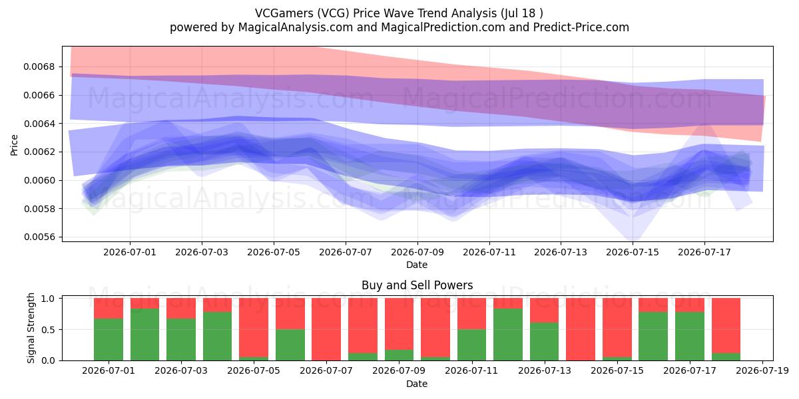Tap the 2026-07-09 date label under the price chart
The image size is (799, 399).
coord(417,252)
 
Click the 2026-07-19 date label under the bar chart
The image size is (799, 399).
coord(762,371)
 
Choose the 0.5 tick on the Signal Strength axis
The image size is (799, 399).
coord(48,330)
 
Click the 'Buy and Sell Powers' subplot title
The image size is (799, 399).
coord(417,285)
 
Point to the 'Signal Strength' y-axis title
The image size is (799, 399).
coord(31,328)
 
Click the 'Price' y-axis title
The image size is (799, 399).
coord(14,145)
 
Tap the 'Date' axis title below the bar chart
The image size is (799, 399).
coord(417,384)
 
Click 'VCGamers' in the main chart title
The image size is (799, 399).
coord(284,13)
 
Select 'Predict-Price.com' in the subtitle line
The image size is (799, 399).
coord(581,27)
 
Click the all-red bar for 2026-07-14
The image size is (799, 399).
coord(581,329)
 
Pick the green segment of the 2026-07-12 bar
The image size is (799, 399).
coord(508,334)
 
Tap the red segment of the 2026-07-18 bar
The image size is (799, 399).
coord(726,326)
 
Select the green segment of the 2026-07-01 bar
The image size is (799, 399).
coord(109,340)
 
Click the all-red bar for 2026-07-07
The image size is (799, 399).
coord(326,329)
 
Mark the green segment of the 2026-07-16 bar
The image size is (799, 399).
coord(653,336)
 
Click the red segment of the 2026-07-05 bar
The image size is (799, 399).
coord(254,327)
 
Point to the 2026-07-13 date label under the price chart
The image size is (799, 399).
coord(561,252)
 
